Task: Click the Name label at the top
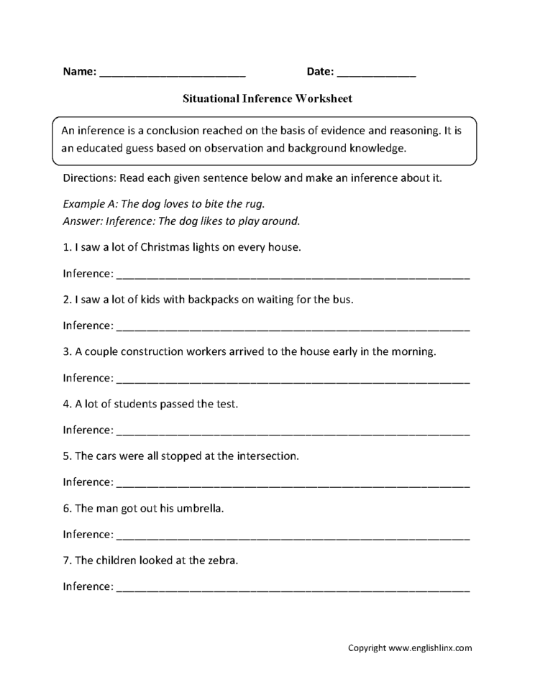(79, 72)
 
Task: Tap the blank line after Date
(375, 73)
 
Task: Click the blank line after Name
(173, 73)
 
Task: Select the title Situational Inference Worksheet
(267, 98)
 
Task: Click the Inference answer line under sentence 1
(293, 275)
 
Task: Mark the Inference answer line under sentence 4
(293, 432)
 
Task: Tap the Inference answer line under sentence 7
(293, 588)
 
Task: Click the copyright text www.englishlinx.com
(430, 647)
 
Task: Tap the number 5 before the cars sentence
(66, 456)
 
